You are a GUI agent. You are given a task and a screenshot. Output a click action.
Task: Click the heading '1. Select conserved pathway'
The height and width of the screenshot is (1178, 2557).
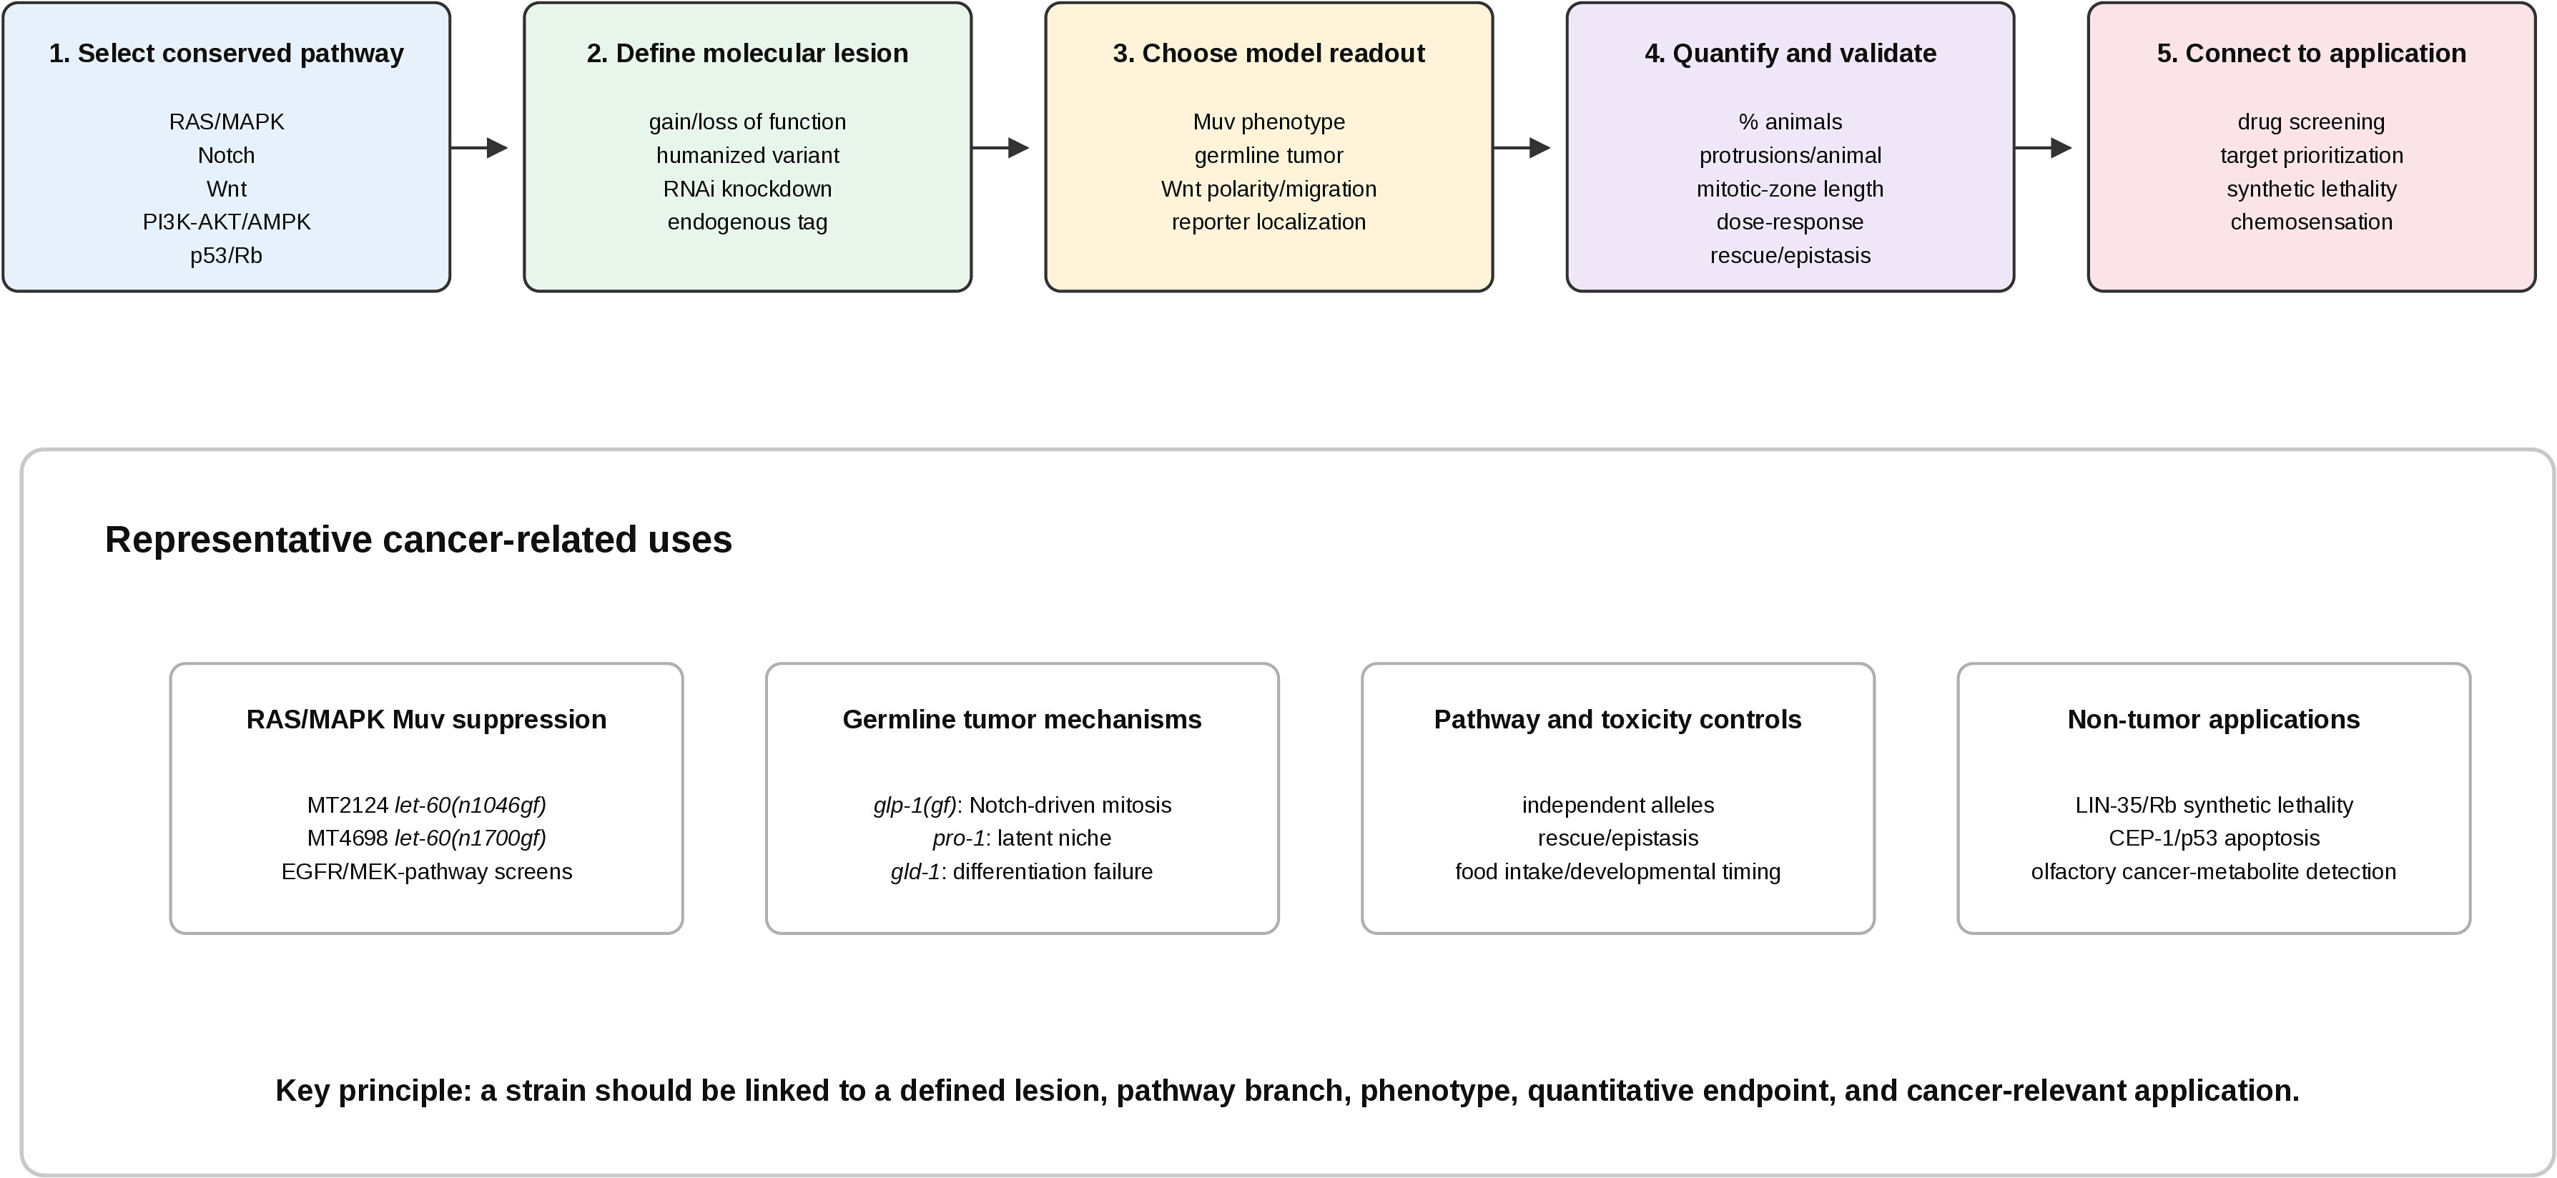tap(227, 54)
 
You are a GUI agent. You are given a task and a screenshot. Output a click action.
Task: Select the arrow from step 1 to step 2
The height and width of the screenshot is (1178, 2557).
tap(479, 148)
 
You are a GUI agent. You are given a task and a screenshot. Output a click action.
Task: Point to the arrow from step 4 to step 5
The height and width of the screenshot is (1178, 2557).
tap(2044, 148)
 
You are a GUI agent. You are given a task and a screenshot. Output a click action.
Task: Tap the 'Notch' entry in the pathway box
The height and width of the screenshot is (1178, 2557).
tap(227, 156)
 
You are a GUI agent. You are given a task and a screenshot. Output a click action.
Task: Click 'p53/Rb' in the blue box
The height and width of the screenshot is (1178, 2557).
tap(227, 256)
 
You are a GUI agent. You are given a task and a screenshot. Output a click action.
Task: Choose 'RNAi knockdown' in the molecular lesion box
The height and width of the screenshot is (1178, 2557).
tap(747, 189)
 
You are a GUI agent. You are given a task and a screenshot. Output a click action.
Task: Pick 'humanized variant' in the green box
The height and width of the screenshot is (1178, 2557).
tap(747, 156)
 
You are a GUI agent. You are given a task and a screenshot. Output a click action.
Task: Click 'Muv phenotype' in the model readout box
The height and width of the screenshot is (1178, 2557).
tap(1268, 122)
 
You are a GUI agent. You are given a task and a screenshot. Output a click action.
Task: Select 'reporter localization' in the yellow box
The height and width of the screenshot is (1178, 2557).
tap(1268, 222)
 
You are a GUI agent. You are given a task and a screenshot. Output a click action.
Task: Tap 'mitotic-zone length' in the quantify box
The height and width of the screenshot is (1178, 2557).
tap(1790, 189)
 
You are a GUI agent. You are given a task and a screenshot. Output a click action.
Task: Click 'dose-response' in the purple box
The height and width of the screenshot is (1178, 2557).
tap(1790, 222)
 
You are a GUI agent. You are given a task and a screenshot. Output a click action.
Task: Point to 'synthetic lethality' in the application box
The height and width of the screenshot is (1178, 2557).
tap(2312, 189)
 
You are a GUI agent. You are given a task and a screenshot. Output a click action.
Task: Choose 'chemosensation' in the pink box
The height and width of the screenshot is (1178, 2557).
tap(2312, 222)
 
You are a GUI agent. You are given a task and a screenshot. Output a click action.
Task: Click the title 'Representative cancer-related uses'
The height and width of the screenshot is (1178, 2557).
tap(418, 540)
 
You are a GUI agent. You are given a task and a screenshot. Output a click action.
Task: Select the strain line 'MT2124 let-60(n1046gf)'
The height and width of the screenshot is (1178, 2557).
tap(427, 805)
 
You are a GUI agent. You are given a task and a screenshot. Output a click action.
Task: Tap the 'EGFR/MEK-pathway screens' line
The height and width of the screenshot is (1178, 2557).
tap(427, 871)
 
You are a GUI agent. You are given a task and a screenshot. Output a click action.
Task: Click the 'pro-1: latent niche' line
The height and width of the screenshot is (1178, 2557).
tap(1021, 838)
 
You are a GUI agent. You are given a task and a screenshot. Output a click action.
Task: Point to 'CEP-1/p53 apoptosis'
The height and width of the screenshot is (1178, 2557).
tap(2214, 838)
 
